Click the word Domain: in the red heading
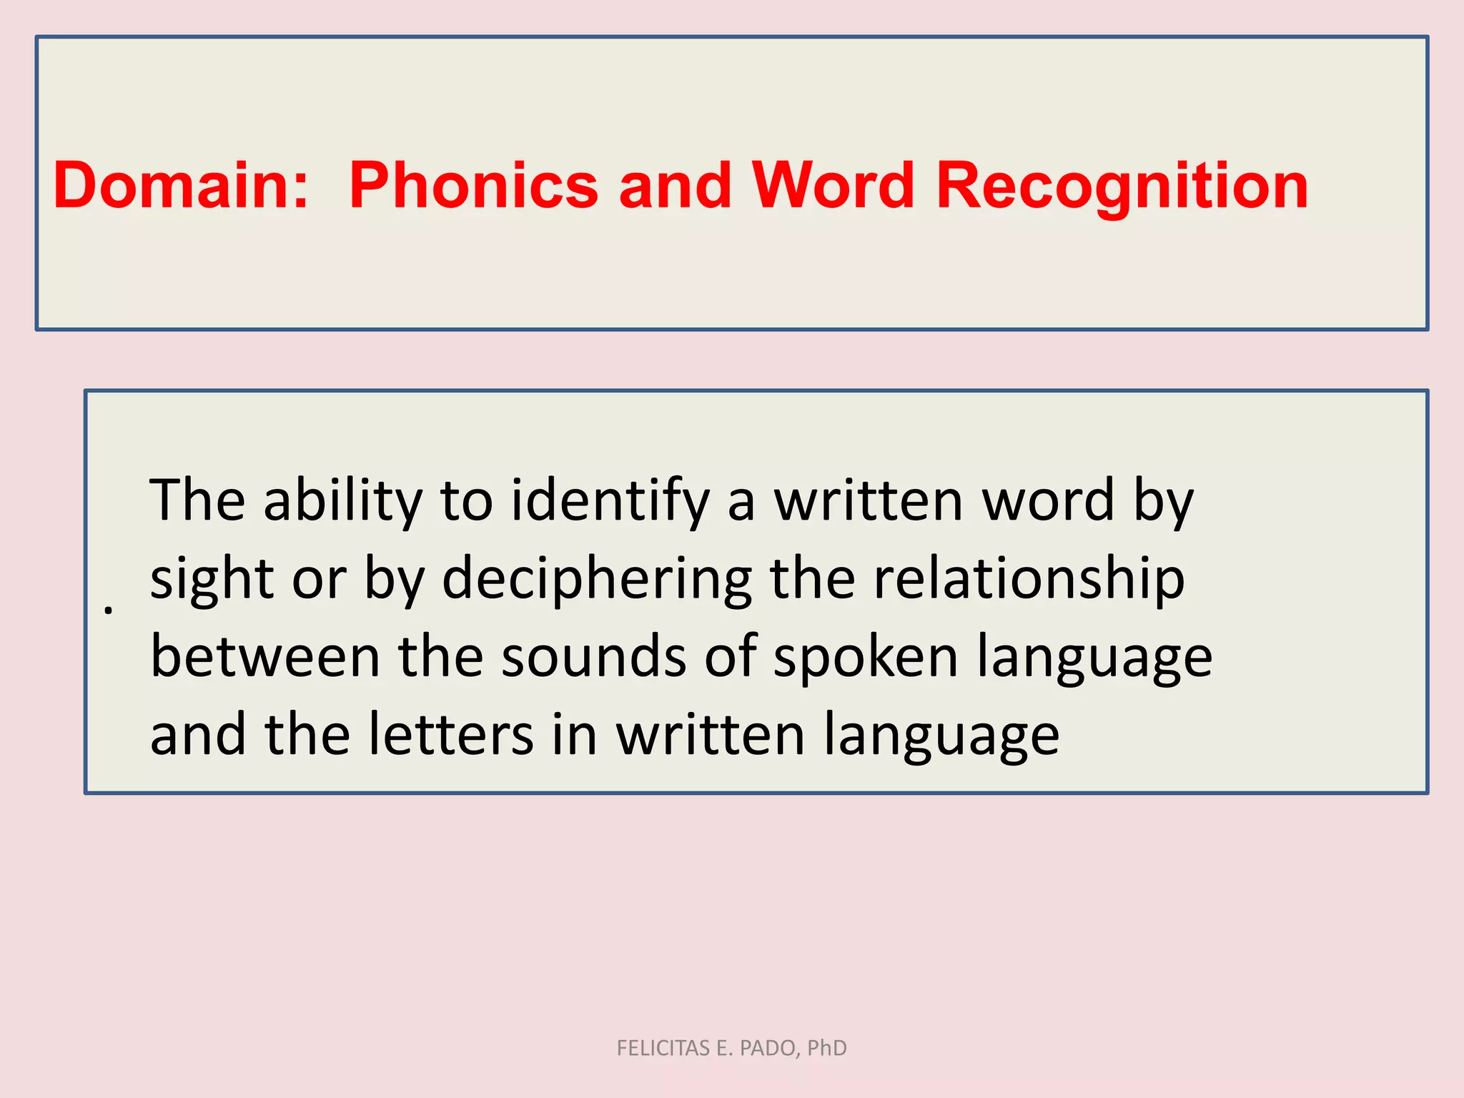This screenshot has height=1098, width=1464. point(181,186)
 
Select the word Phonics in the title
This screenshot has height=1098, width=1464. point(473,186)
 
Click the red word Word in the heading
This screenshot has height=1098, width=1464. point(834,186)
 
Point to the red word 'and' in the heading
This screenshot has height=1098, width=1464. point(675,186)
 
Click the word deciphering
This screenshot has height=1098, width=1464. point(597,579)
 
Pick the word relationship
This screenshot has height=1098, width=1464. point(1029,579)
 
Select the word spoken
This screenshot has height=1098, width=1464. point(866,658)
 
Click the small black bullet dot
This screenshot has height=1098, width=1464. point(108,610)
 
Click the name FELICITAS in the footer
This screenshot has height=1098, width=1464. point(663,1048)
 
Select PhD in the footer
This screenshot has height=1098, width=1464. point(826,1048)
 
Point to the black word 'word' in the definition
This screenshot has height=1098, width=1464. point(1047,500)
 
